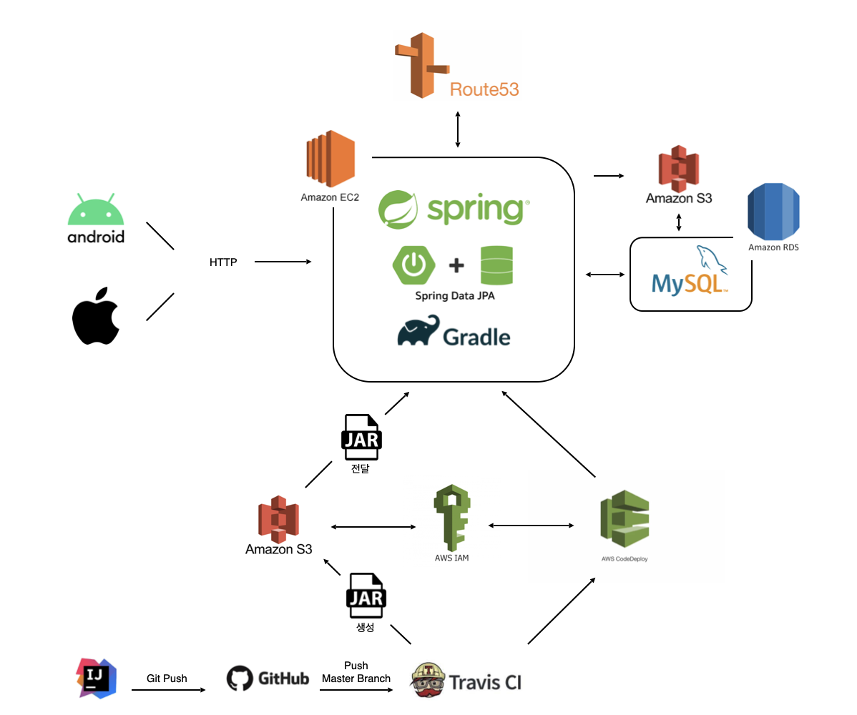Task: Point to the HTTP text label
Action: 222,262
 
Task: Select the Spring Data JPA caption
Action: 455,296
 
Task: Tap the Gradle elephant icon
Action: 418,332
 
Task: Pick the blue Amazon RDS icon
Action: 773,212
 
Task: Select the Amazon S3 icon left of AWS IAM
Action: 278,519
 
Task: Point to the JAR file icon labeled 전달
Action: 361,438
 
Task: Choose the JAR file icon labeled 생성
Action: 366,595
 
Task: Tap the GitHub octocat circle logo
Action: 240,679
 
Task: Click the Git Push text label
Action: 167,679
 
